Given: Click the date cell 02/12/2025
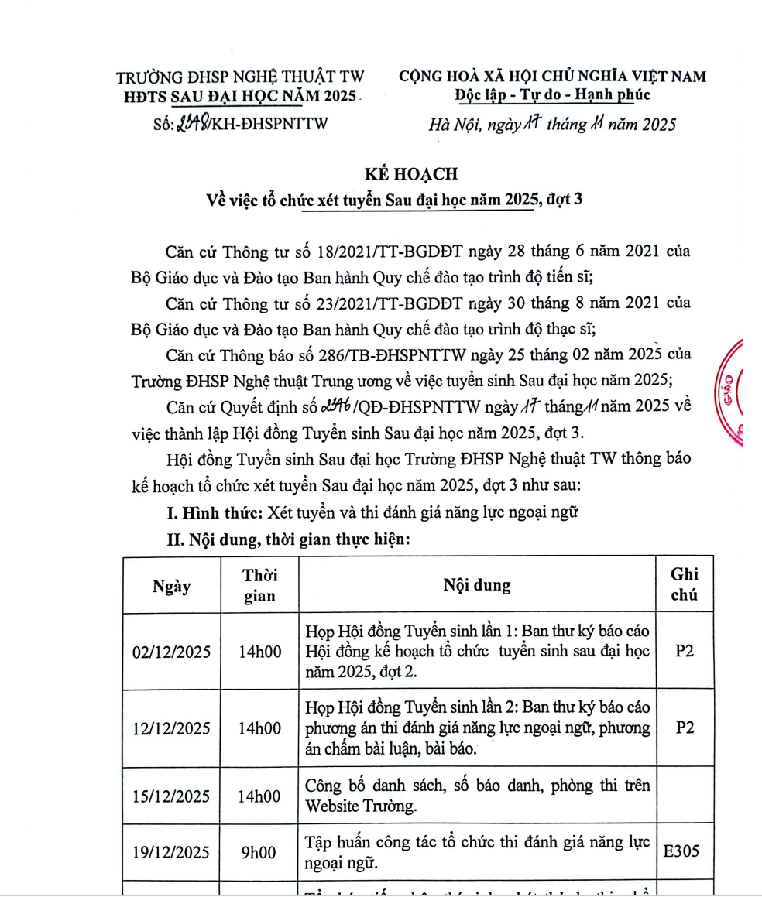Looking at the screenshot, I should point(172,652).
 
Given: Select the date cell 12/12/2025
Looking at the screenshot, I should point(172,729).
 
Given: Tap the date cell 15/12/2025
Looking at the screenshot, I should point(172,796).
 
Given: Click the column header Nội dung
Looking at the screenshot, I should point(476,585).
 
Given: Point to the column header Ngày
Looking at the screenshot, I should point(172,586).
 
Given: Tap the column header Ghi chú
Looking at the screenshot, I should point(684,584).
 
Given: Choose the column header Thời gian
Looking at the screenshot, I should point(259,586).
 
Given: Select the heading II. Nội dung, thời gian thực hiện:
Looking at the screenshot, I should point(288,540).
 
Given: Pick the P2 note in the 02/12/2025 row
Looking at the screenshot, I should point(684,652).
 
